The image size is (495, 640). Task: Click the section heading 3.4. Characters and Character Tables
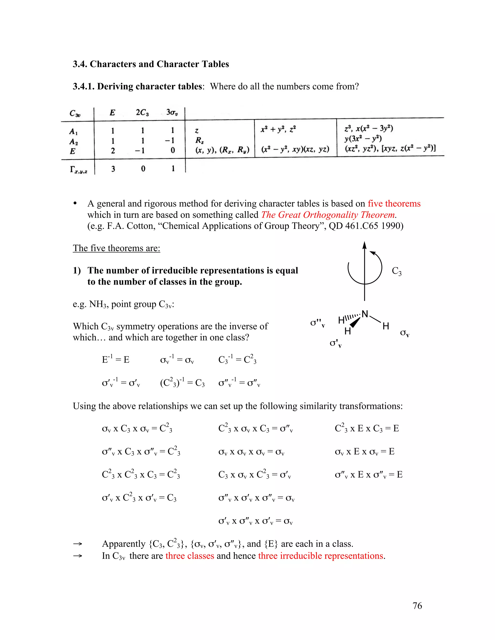coord(151,64)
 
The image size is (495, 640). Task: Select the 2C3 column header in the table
coord(142,113)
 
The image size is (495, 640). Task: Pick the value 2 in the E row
coord(113,151)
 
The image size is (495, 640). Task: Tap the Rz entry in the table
coord(200,141)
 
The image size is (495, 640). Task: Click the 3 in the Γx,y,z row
coord(113,169)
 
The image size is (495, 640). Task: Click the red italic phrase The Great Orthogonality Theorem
coord(328,214)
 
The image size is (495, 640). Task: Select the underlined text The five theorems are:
coord(116,248)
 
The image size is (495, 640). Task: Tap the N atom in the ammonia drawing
coord(365,314)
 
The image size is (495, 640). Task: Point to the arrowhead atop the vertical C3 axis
coord(364,245)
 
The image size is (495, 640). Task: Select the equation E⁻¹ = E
coord(116,359)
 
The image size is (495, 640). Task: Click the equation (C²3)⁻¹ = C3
coord(182,383)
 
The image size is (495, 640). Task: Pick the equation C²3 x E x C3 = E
coord(367,428)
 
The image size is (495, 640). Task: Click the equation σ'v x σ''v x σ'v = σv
coord(255,521)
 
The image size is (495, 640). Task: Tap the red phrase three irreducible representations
coord(321,556)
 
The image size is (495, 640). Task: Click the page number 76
coord(417,605)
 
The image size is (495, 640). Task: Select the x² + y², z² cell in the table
coord(278,129)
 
